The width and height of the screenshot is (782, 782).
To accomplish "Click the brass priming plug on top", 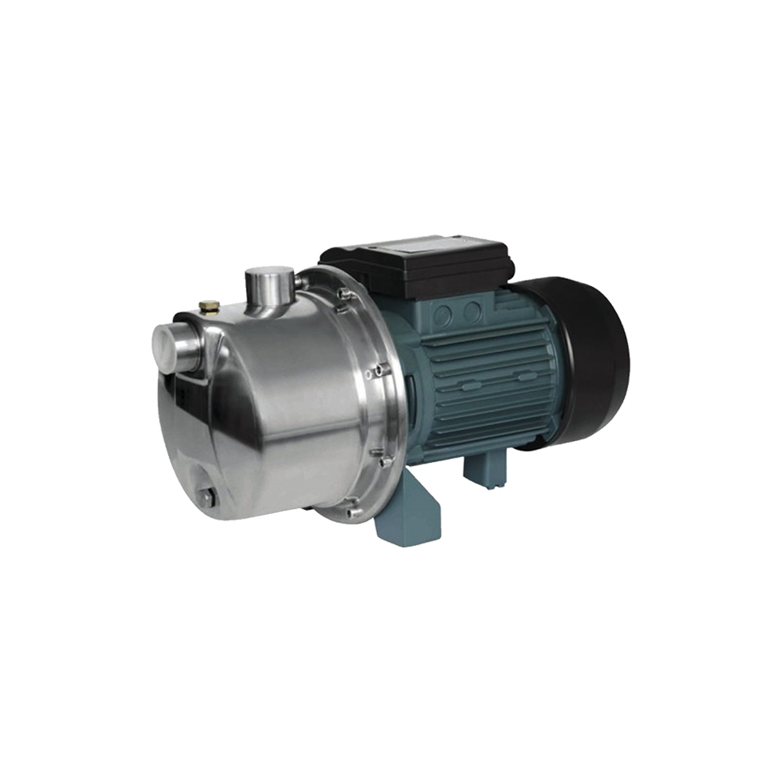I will coord(209,307).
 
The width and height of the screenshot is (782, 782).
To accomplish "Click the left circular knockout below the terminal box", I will coord(443,315).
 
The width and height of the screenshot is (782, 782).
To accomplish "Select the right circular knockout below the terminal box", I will coord(471,312).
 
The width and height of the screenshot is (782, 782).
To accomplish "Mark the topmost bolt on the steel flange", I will coord(342,293).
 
